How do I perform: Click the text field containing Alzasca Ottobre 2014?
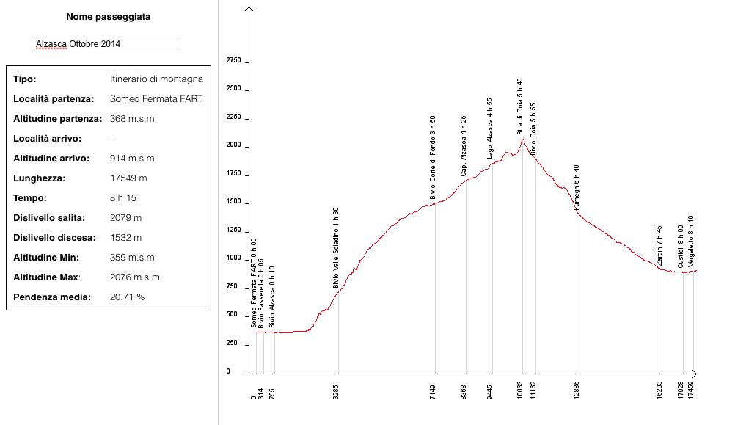107,44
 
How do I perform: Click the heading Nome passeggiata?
108,17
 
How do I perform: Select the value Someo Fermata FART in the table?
156,99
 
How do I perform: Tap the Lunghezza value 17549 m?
128,178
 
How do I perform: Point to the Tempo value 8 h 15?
123,198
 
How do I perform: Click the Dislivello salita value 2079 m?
125,218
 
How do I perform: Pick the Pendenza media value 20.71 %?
127,297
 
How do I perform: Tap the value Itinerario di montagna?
156,79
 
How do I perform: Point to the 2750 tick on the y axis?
233,61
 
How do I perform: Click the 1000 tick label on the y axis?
233,258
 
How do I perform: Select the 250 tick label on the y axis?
232,344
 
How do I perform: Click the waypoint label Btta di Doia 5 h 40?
520,106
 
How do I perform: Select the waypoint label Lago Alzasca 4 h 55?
490,128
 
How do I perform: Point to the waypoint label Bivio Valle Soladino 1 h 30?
336,247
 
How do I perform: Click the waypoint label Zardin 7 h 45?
659,246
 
